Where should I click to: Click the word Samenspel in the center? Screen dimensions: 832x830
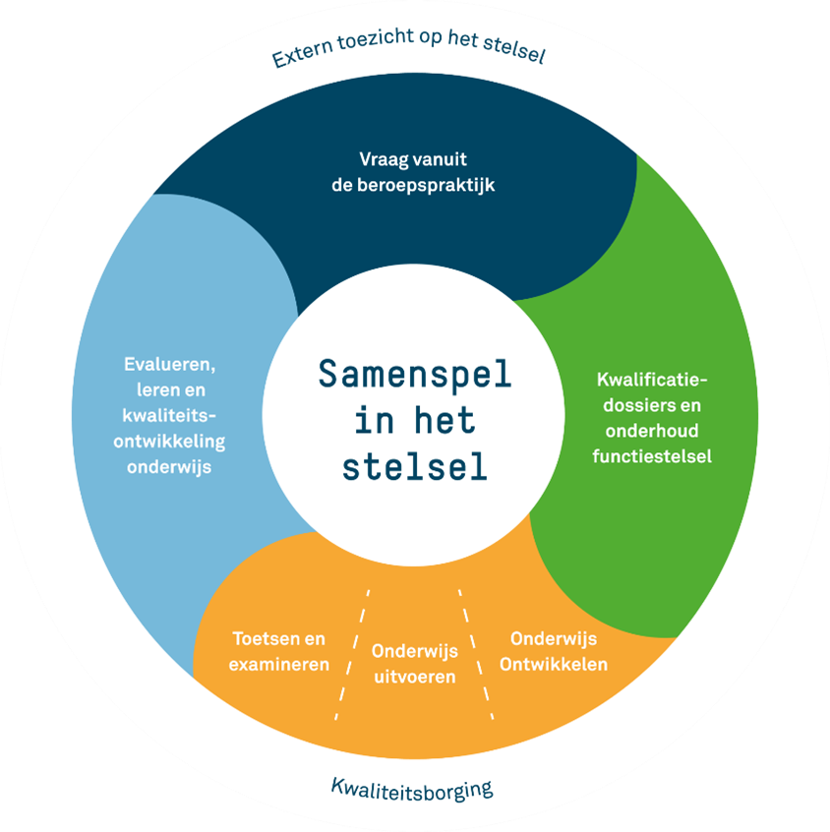point(415,375)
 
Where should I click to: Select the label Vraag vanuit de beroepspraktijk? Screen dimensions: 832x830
point(413,170)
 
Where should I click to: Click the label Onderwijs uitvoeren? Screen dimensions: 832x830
point(414,663)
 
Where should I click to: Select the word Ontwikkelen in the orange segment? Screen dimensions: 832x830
point(554,663)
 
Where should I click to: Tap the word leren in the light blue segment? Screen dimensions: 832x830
point(147,390)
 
